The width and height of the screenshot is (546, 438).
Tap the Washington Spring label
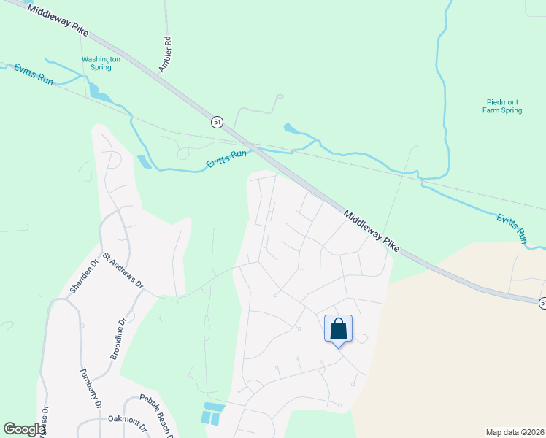pyautogui.click(x=96, y=63)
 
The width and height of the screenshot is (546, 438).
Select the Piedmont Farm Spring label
pyautogui.click(x=504, y=106)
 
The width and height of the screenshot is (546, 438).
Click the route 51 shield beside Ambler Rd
pyautogui.click(x=218, y=122)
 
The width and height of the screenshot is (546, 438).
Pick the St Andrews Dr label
pyautogui.click(x=123, y=270)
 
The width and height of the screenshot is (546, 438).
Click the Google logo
pyautogui.click(x=24, y=429)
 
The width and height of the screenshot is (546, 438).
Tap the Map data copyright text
pyautogui.click(x=513, y=431)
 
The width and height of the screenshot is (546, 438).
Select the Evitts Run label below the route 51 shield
pyautogui.click(x=227, y=158)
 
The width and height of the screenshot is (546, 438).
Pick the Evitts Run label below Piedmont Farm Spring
pyautogui.click(x=512, y=228)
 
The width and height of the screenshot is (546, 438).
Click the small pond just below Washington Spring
pyautogui.click(x=99, y=93)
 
